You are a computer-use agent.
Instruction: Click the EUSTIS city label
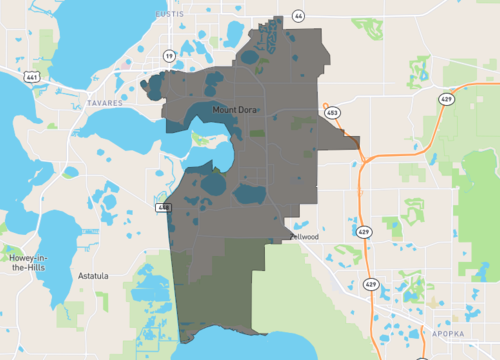coord(171,15)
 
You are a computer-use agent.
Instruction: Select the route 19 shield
coord(168,56)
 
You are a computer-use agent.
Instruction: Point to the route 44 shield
coord(299,17)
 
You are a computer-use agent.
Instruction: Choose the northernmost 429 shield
coord(447,99)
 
